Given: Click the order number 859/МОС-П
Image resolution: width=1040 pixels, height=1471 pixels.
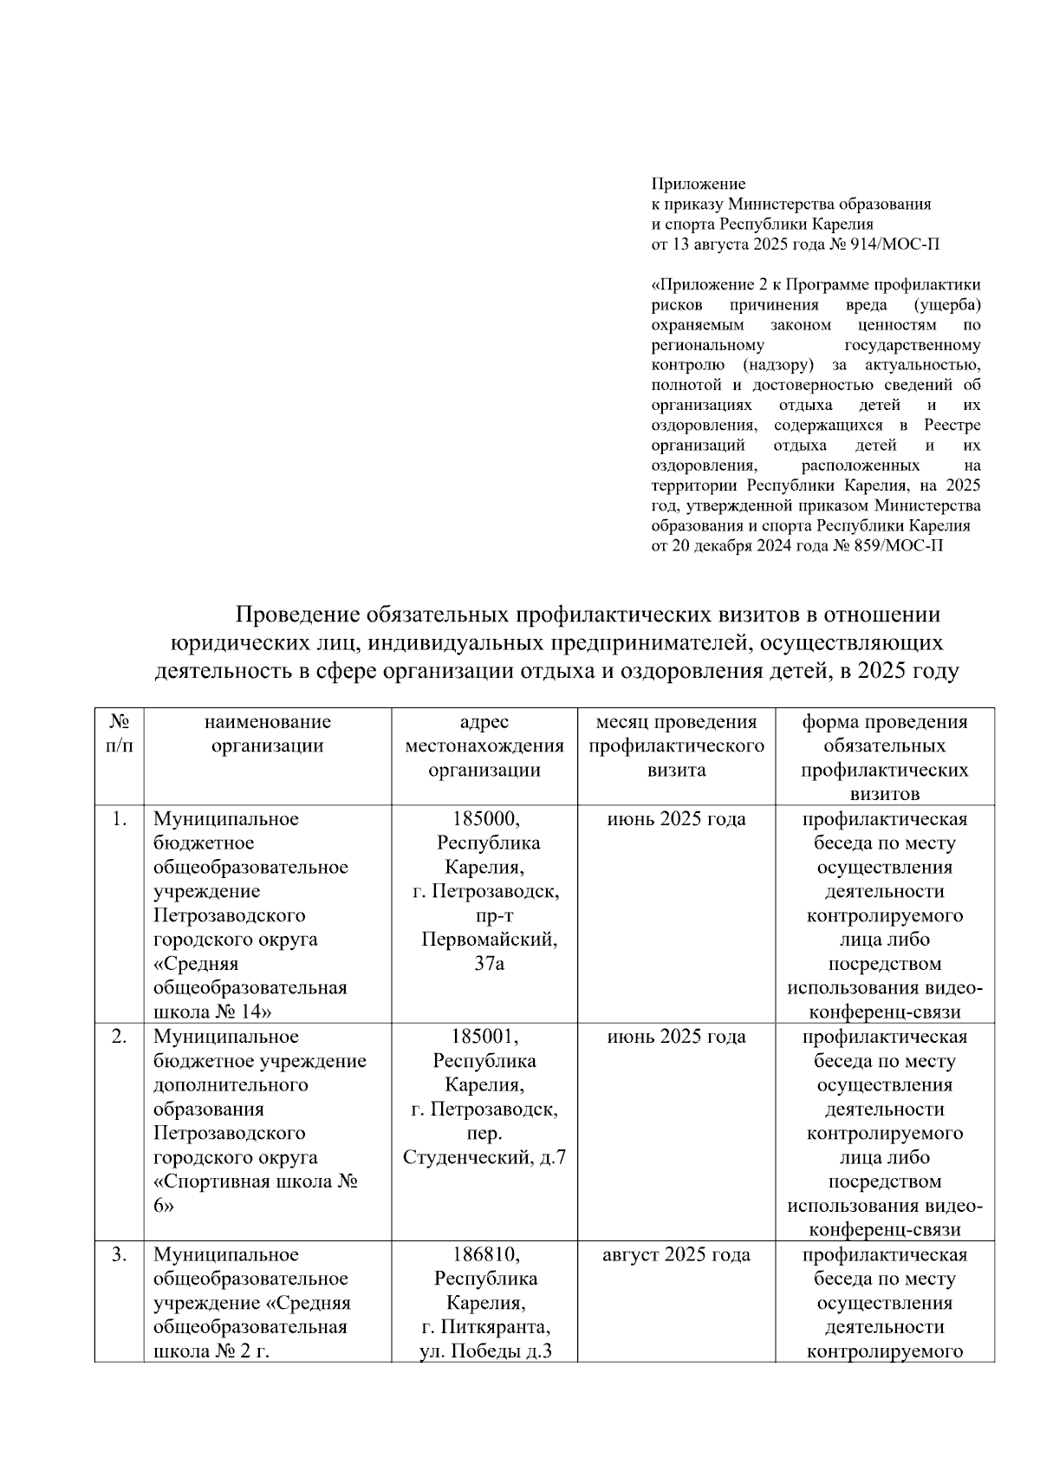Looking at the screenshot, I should [900, 546].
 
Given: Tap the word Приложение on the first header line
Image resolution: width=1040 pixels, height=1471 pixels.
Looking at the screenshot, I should [699, 184].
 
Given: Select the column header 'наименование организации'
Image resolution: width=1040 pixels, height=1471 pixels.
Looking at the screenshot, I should [268, 733].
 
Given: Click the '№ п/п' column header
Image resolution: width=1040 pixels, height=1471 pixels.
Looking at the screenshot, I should [120, 733].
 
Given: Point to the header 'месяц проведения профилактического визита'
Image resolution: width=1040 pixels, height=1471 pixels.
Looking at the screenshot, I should [676, 745].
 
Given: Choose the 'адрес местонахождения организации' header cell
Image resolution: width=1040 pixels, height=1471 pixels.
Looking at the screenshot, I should [484, 745].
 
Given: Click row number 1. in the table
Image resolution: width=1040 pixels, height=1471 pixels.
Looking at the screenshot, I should [120, 819].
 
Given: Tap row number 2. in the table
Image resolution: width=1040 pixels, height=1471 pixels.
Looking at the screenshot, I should [120, 1037].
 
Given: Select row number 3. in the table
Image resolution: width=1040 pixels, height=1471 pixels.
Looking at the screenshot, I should [120, 1254].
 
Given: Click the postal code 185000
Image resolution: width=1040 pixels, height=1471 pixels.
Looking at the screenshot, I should [484, 819].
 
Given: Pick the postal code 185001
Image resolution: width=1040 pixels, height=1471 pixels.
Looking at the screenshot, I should [484, 1037].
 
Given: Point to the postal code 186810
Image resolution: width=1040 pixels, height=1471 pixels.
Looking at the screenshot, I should [484, 1254].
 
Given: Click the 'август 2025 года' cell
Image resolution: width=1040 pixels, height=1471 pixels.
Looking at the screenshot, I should [676, 1254].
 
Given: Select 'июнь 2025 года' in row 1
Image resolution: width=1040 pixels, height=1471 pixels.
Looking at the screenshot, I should [676, 819].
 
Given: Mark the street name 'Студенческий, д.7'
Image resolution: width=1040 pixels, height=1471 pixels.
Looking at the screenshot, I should [484, 1157].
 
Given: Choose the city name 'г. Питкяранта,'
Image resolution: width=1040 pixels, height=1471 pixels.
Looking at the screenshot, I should [484, 1327].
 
